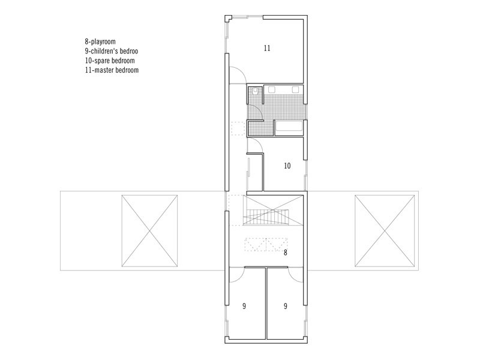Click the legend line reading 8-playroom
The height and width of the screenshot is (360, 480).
coord(100,41)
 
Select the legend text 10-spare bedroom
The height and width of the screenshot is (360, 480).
coord(110,61)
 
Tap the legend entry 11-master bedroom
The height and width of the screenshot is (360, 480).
coord(112,70)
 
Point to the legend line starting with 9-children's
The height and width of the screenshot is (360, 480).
coord(112,51)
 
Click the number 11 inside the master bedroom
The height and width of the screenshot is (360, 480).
coord(267,48)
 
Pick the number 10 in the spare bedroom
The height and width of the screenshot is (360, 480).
coord(287,166)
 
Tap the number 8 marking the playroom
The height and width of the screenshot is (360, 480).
coord(286,253)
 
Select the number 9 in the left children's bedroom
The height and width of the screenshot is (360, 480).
coord(244,306)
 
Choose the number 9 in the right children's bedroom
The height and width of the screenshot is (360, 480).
coord(286,306)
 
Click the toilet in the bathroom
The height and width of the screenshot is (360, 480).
coord(256,91)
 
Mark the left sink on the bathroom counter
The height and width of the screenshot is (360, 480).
coord(272,89)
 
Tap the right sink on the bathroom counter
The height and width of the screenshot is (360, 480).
coord(295,89)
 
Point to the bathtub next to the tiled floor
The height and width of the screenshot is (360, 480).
coord(289,127)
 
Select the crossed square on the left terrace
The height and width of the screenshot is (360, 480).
coord(149,231)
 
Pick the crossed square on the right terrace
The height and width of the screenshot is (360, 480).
coord(385,231)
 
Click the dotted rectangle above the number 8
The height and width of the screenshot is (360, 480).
coord(266,245)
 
